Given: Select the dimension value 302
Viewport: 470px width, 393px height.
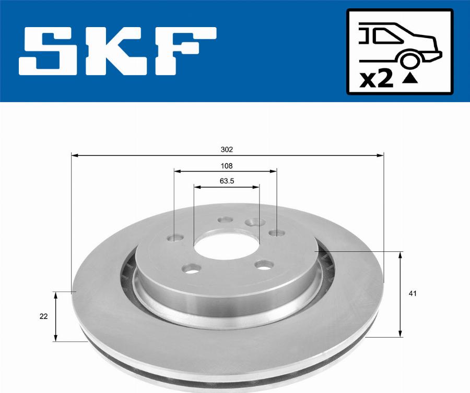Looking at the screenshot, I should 226,149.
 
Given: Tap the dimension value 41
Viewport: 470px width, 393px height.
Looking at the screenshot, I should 413,294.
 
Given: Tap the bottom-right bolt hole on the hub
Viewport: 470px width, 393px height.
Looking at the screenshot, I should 264,265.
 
